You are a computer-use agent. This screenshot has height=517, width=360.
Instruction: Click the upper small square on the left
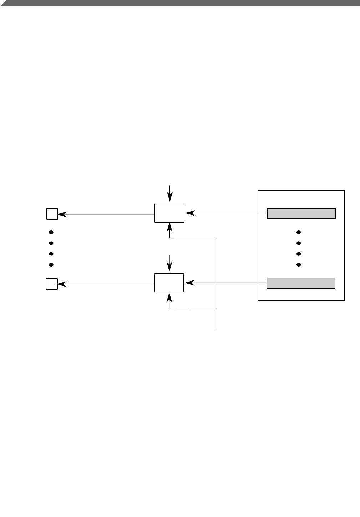(52, 214)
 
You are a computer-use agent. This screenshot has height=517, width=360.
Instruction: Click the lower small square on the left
(52, 284)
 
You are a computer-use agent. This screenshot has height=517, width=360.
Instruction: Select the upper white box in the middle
(169, 213)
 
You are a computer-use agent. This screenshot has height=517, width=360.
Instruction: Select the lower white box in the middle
(169, 283)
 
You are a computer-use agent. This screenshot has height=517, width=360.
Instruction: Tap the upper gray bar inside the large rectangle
(301, 213)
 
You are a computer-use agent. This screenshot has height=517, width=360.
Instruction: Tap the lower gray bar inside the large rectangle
(301, 283)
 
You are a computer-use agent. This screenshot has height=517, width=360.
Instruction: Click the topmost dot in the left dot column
(51, 232)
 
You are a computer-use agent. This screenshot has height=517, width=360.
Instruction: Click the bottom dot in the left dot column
(51, 265)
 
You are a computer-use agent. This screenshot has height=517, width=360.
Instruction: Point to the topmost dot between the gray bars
(299, 232)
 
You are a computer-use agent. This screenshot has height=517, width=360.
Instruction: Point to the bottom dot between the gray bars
(299, 265)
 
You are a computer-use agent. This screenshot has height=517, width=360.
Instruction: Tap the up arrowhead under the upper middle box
(169, 226)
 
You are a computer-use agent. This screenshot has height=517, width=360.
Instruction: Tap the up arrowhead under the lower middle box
(169, 296)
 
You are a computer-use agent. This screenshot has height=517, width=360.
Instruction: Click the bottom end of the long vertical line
(216, 329)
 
